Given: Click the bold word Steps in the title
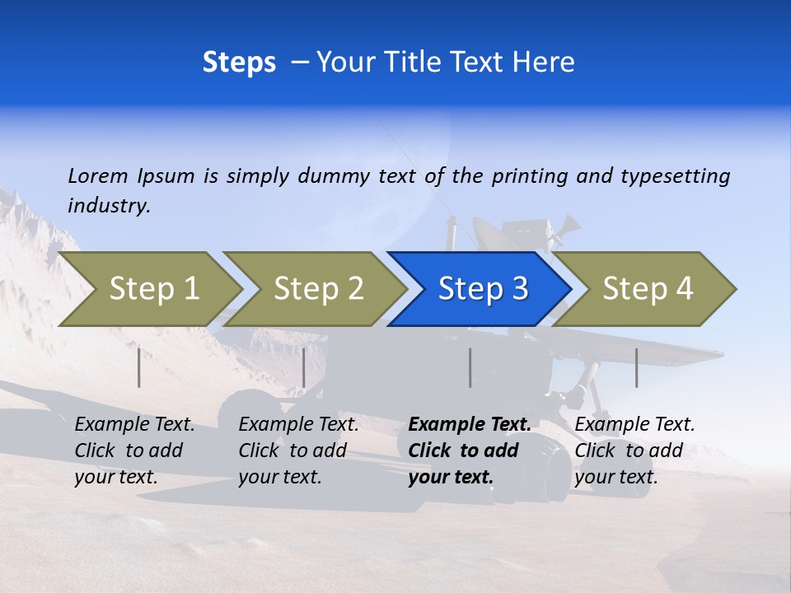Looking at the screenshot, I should pyautogui.click(x=239, y=63).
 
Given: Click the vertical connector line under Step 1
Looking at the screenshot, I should pyautogui.click(x=139, y=367).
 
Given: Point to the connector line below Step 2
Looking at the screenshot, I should pyautogui.click(x=304, y=367).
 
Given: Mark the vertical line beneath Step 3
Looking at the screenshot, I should pyautogui.click(x=470, y=367).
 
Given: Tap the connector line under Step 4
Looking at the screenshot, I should pyautogui.click(x=636, y=367).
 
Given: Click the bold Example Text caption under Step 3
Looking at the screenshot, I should pyautogui.click(x=470, y=451).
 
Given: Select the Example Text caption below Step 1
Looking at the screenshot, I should pyautogui.click(x=134, y=451).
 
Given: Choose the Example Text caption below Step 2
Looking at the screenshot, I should pyautogui.click(x=298, y=451).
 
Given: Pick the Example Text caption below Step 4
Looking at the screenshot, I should pyautogui.click(x=634, y=451).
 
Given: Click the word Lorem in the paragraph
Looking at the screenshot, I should pyautogui.click(x=98, y=176).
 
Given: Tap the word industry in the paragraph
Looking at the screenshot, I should pyautogui.click(x=109, y=206).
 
